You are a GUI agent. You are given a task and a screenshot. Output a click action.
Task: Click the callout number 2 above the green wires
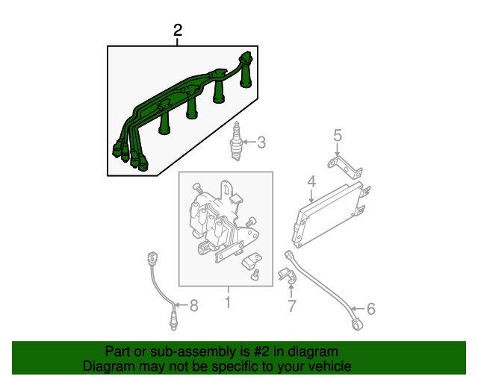(178, 30)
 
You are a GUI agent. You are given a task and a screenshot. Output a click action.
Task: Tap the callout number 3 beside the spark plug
(261, 143)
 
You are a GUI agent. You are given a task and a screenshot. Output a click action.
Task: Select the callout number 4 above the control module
(311, 182)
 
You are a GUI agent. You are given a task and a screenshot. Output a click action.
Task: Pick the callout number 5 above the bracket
(338, 135)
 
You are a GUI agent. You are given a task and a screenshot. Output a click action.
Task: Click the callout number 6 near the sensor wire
(370, 309)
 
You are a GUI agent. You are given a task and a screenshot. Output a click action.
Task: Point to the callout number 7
(292, 306)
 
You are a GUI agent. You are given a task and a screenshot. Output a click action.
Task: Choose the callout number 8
(194, 305)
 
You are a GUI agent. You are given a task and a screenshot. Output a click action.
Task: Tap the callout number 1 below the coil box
(228, 302)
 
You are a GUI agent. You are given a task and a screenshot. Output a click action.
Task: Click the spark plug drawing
(236, 141)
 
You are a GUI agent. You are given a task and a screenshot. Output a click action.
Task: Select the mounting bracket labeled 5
(345, 166)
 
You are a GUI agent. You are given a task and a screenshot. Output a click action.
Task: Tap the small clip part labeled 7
(287, 275)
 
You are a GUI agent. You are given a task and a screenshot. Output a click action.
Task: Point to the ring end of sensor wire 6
(357, 324)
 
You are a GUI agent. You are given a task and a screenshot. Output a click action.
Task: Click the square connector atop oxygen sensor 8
(152, 258)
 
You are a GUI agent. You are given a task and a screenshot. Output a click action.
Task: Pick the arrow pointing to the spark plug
(249, 142)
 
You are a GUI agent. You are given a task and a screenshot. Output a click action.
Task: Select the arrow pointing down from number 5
(337, 150)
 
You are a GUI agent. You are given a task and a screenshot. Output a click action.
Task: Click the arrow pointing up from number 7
(291, 290)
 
